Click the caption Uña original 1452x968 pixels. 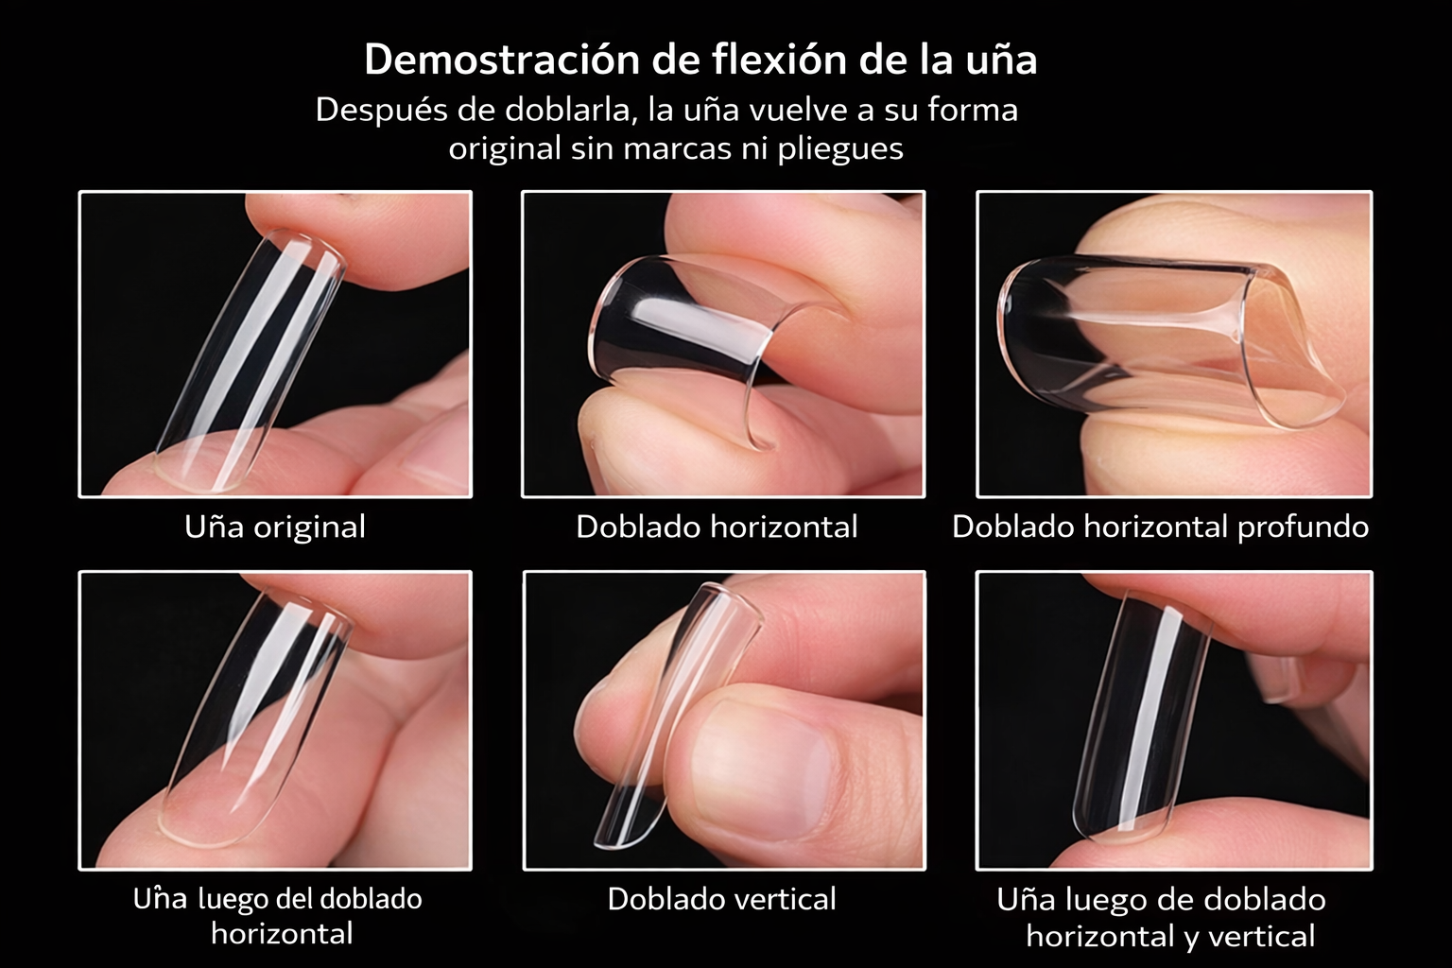click(275, 527)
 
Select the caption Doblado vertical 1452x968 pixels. click(721, 899)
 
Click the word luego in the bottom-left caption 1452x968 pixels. click(233, 900)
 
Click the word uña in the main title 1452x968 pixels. click(1001, 60)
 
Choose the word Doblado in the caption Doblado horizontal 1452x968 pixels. click(639, 527)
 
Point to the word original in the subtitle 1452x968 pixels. click(504, 149)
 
